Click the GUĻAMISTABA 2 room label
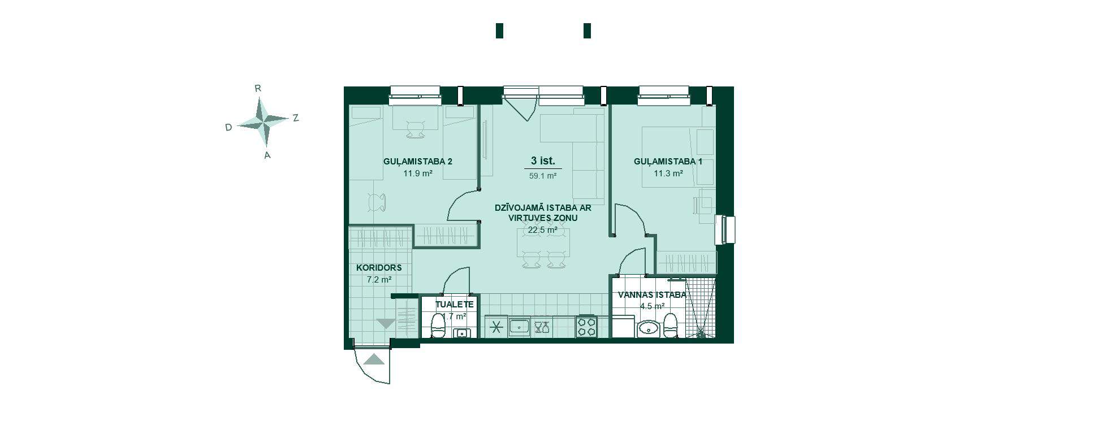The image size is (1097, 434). point(418,162)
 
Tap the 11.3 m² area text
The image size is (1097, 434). point(668,173)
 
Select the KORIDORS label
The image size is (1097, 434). point(379,268)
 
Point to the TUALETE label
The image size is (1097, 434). point(455,304)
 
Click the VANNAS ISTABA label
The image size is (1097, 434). point(652,295)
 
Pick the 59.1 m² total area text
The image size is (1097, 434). point(543,176)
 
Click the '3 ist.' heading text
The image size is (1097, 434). point(543,161)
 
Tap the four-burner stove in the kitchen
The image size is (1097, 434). point(587,327)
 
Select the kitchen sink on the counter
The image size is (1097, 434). point(519,327)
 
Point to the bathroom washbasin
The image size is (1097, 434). point(648,328)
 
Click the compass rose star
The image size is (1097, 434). point(262,121)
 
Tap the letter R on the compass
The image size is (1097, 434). point(258,88)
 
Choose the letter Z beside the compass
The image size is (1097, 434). point(295,118)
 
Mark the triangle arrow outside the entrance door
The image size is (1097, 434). point(374,359)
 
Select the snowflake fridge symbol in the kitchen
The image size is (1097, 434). point(496,327)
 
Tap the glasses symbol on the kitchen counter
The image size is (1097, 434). point(542,327)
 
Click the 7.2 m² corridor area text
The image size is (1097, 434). point(379,280)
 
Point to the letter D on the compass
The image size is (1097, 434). point(228,128)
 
